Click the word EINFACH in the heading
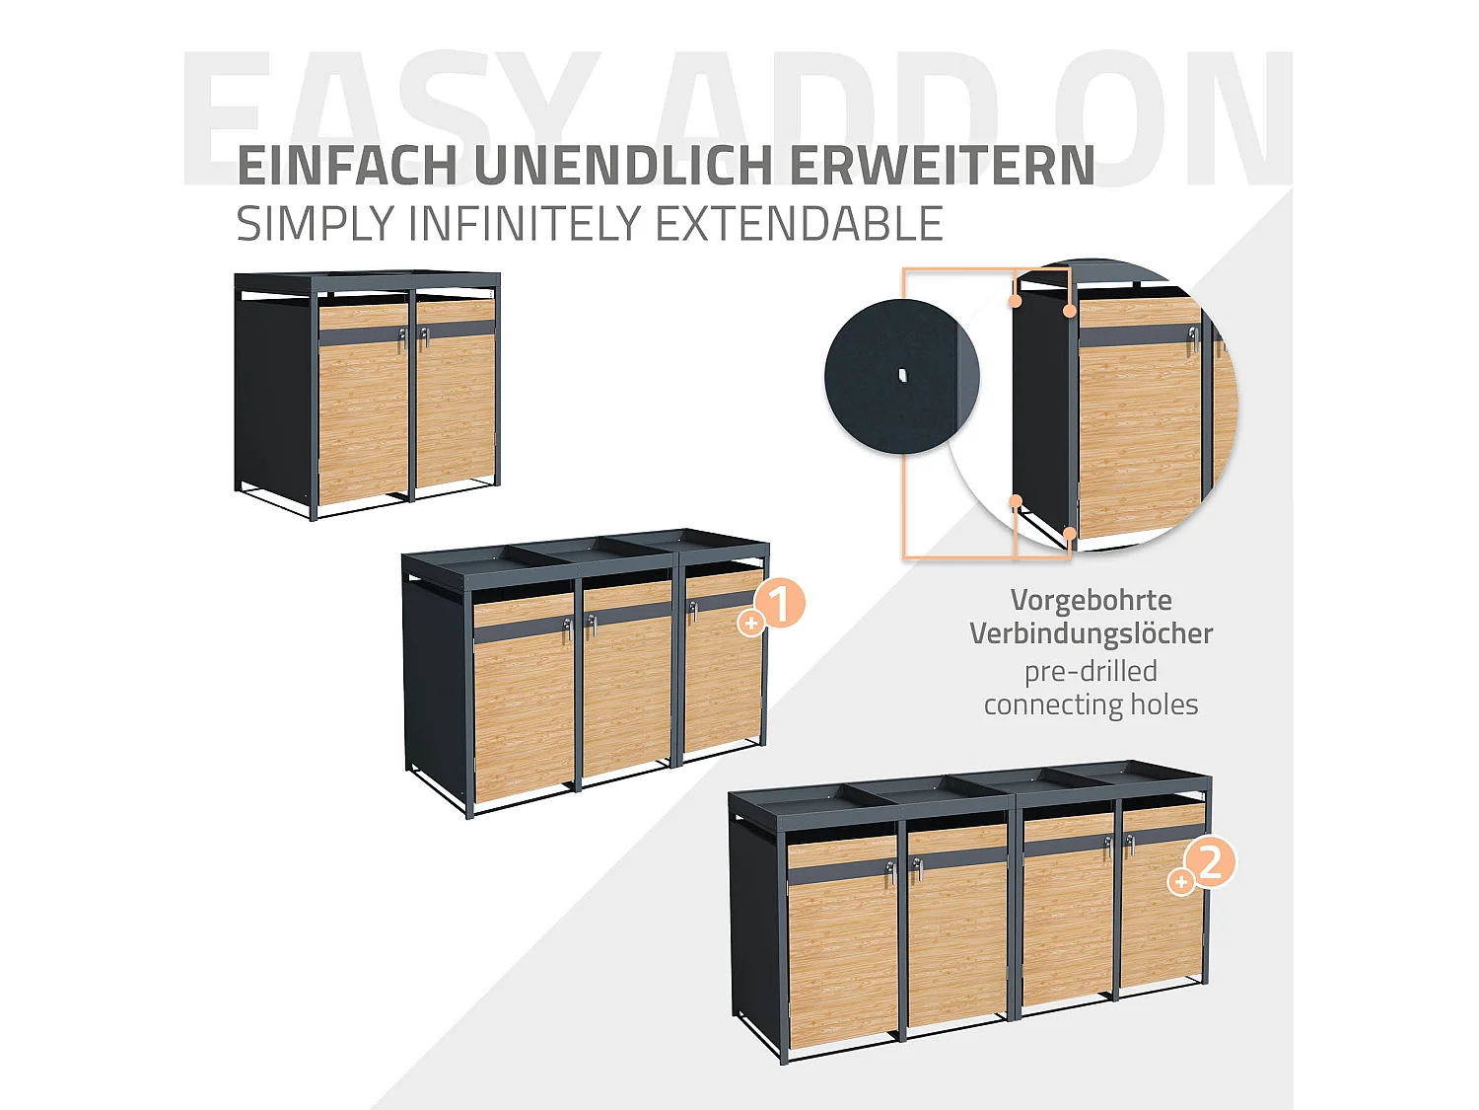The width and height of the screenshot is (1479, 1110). tap(347, 166)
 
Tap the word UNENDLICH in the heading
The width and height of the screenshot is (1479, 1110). tap(623, 166)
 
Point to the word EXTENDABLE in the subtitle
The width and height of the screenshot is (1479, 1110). tap(799, 224)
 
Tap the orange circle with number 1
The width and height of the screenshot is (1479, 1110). tap(780, 604)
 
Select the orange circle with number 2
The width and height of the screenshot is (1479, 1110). tap(1210, 862)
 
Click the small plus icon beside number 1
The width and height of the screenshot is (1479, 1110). tap(751, 624)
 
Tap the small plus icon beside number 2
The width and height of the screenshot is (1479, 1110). tap(1180, 881)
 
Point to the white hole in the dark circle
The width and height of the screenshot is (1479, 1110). tap(901, 375)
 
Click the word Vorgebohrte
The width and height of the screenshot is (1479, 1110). tap(1091, 600)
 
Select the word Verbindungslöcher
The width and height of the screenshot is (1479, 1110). tap(1091, 633)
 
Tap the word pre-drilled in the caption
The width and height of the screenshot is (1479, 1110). tap(1091, 671)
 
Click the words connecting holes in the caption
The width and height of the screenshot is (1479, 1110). tap(1091, 704)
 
